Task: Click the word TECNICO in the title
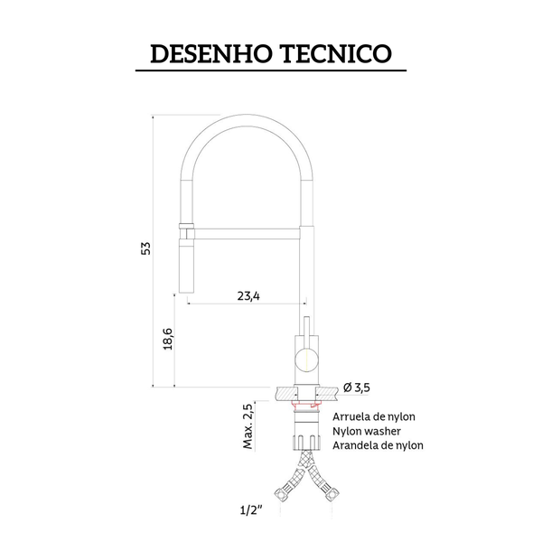[x=333, y=53]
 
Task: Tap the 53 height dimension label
[x=145, y=249]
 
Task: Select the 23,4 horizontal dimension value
[x=248, y=294]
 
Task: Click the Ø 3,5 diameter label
[x=357, y=388]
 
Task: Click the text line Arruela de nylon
[x=374, y=416]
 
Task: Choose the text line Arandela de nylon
[x=378, y=445]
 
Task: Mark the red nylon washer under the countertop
[x=307, y=407]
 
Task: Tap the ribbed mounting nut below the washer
[x=307, y=443]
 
